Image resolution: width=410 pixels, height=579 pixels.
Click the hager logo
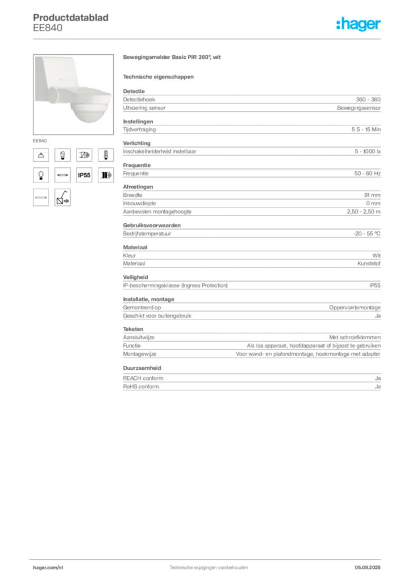(358, 24)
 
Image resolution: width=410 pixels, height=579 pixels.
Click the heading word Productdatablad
(71, 18)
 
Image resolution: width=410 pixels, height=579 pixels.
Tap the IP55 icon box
(84, 175)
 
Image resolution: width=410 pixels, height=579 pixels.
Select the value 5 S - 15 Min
(366, 129)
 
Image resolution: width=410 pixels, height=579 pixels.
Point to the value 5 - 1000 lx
(368, 152)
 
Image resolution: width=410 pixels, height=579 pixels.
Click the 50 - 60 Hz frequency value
(367, 174)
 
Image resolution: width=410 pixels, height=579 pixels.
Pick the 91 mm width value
(372, 195)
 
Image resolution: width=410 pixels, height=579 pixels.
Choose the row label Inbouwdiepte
(139, 204)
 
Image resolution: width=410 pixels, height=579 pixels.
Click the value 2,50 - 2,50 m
(364, 211)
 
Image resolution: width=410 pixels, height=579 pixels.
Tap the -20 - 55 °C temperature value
(367, 234)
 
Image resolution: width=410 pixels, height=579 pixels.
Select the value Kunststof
(369, 263)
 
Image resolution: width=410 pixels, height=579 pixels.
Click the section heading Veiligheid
(135, 277)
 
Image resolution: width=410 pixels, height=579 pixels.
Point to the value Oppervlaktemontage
(355, 308)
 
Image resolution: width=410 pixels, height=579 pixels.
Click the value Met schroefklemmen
(355, 338)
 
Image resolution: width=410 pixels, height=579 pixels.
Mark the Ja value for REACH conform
(378, 378)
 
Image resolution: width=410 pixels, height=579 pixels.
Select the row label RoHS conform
(141, 387)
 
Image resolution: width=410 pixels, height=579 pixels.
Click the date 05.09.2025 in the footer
(368, 568)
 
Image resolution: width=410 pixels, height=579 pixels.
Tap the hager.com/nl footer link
(48, 568)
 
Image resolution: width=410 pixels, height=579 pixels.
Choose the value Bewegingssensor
(358, 108)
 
